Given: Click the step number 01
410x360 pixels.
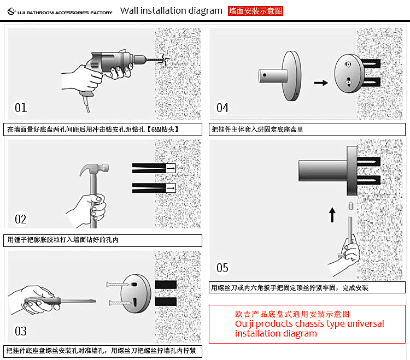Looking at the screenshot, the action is pos(21,108).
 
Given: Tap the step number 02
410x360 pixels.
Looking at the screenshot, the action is pos(20,220).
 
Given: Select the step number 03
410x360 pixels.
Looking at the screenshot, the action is pos(21,331).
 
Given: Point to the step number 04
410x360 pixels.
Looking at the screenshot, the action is pos(222,108).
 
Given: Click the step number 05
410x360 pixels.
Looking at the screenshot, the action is pos(222,268).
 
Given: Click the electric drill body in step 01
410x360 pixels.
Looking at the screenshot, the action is pos(113,63).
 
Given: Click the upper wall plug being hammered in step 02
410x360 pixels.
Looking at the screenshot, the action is pos(154,168).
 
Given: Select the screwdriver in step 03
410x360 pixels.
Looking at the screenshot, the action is pos(60,301).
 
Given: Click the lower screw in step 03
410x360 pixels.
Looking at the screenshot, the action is pos(120,303).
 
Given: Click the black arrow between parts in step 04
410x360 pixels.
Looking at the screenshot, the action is pos(321,83).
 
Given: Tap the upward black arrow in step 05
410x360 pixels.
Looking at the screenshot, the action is pos(332,215).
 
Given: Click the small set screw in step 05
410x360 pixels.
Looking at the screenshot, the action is pos(351,205).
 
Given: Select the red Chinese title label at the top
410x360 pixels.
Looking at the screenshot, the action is pos(255,11).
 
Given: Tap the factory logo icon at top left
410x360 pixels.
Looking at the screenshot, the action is pos(11,11).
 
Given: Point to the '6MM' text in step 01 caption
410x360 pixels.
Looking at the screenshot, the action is pos(156,129).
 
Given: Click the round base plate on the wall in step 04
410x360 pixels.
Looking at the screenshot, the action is pos(349,73).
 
